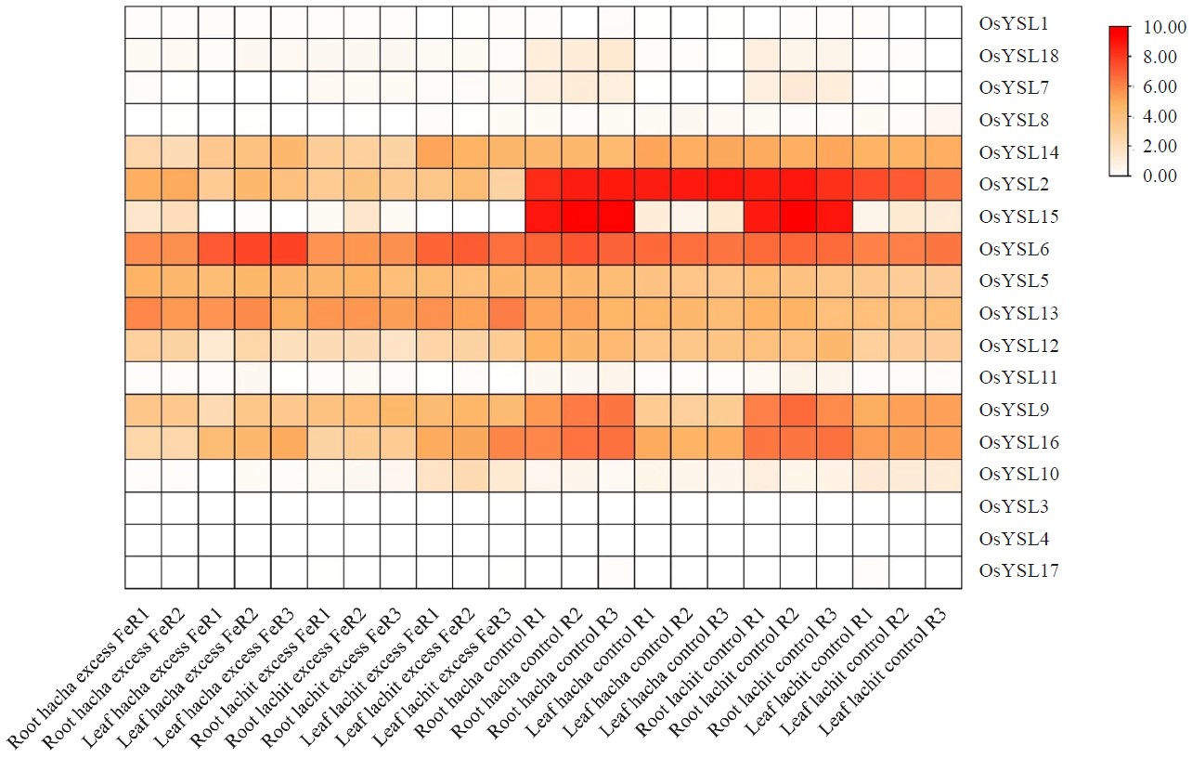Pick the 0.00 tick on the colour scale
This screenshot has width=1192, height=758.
click(x=1161, y=176)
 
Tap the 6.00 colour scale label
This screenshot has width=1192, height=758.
click(x=1161, y=86)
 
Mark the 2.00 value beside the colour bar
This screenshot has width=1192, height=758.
click(x=1161, y=146)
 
